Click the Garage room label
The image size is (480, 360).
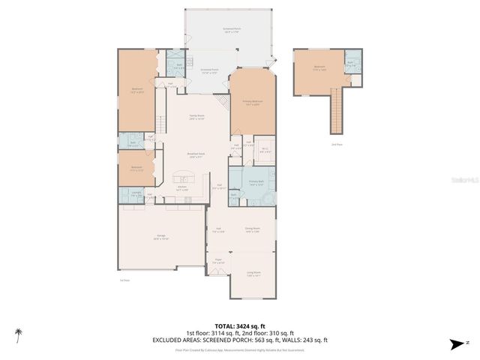[x=161, y=236]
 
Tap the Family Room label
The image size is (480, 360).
[x=196, y=117]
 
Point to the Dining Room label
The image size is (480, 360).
[x=252, y=230]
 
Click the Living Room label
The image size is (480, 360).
[x=253, y=274]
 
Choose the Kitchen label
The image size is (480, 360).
[x=181, y=187]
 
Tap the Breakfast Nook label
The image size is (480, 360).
[x=196, y=155]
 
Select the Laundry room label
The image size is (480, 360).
[x=136, y=193]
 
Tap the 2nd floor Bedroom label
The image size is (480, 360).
[x=319, y=67]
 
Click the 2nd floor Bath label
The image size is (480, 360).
[x=350, y=63]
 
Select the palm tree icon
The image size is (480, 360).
[x=18, y=332]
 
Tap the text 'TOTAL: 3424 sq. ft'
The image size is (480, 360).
[x=239, y=327]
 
